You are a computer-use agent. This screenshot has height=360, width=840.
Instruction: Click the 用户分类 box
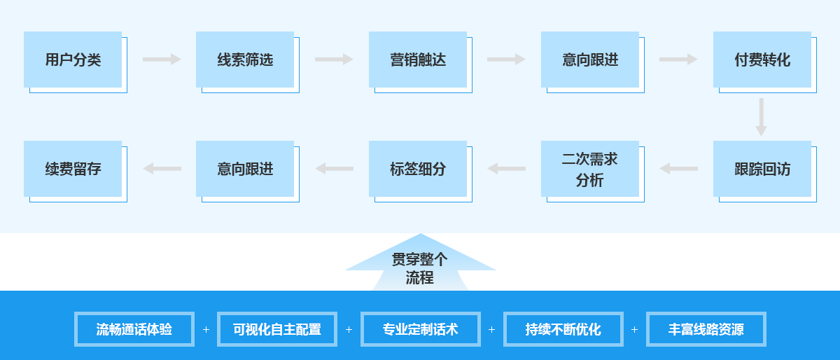coord(73,60)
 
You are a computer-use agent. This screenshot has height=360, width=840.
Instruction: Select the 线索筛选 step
coord(245,60)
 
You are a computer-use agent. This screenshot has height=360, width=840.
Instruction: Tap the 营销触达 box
coord(418,60)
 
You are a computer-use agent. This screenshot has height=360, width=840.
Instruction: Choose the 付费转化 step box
coord(762,60)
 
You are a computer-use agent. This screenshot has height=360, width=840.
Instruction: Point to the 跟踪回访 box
coord(762,169)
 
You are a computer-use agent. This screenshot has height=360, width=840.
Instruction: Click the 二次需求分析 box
coord(590,169)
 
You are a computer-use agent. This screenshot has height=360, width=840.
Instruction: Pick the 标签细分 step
coord(418,169)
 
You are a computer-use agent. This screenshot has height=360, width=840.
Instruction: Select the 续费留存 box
coord(73,169)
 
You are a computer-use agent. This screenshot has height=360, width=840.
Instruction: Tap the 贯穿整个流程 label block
coord(421,268)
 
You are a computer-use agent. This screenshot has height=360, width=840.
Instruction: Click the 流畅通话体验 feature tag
coord(134,329)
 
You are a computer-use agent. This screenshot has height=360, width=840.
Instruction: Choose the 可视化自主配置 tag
coord(277,329)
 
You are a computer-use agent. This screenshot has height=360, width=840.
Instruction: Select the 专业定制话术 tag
coord(421,329)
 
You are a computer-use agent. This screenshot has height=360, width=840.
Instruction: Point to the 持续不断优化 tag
coord(563,329)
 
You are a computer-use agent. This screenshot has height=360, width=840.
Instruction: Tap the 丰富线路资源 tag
coord(706,329)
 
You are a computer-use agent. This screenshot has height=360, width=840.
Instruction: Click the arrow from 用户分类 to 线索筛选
coord(162,60)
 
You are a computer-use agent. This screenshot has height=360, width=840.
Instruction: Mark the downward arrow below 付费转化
coord(762,117)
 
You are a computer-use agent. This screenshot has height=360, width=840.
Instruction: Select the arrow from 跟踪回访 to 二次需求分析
coord(678,169)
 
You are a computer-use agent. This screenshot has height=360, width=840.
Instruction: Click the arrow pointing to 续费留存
coord(162,169)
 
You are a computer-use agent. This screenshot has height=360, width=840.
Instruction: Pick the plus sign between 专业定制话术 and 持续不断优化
coord(491,329)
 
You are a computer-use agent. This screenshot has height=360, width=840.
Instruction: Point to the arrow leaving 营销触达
coord(506,60)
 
